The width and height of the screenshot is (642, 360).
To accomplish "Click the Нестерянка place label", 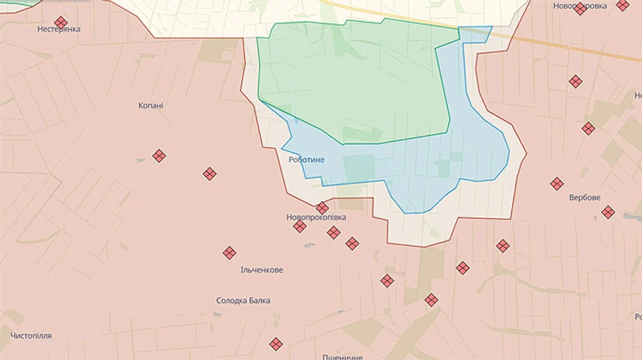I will (x=59, y=29).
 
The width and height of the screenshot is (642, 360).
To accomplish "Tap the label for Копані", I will (x=151, y=106).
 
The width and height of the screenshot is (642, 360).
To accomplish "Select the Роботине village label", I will (x=306, y=160).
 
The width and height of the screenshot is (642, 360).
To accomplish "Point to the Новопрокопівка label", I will (x=316, y=217).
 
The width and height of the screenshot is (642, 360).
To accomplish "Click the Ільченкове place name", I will (x=262, y=270).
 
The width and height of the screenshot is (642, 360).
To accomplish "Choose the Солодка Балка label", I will (x=243, y=301).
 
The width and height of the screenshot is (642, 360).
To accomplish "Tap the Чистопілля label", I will (x=31, y=336).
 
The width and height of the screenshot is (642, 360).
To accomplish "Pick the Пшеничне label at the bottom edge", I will (x=342, y=356).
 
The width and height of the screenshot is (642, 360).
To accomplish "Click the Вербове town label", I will (x=584, y=197).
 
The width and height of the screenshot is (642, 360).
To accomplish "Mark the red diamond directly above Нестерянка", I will (x=61, y=22).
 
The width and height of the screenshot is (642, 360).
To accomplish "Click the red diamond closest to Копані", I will (x=159, y=155).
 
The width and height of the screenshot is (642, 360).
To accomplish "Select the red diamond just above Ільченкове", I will (x=229, y=252).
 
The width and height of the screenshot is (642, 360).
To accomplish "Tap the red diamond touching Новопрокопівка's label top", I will (x=322, y=208).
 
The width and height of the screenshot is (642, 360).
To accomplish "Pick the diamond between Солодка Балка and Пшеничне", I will (x=276, y=344).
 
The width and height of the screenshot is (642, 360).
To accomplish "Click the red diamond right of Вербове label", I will (x=608, y=212).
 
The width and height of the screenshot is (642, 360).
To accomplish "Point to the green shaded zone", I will (x=357, y=78).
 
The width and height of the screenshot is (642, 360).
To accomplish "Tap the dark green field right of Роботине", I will (x=360, y=168).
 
